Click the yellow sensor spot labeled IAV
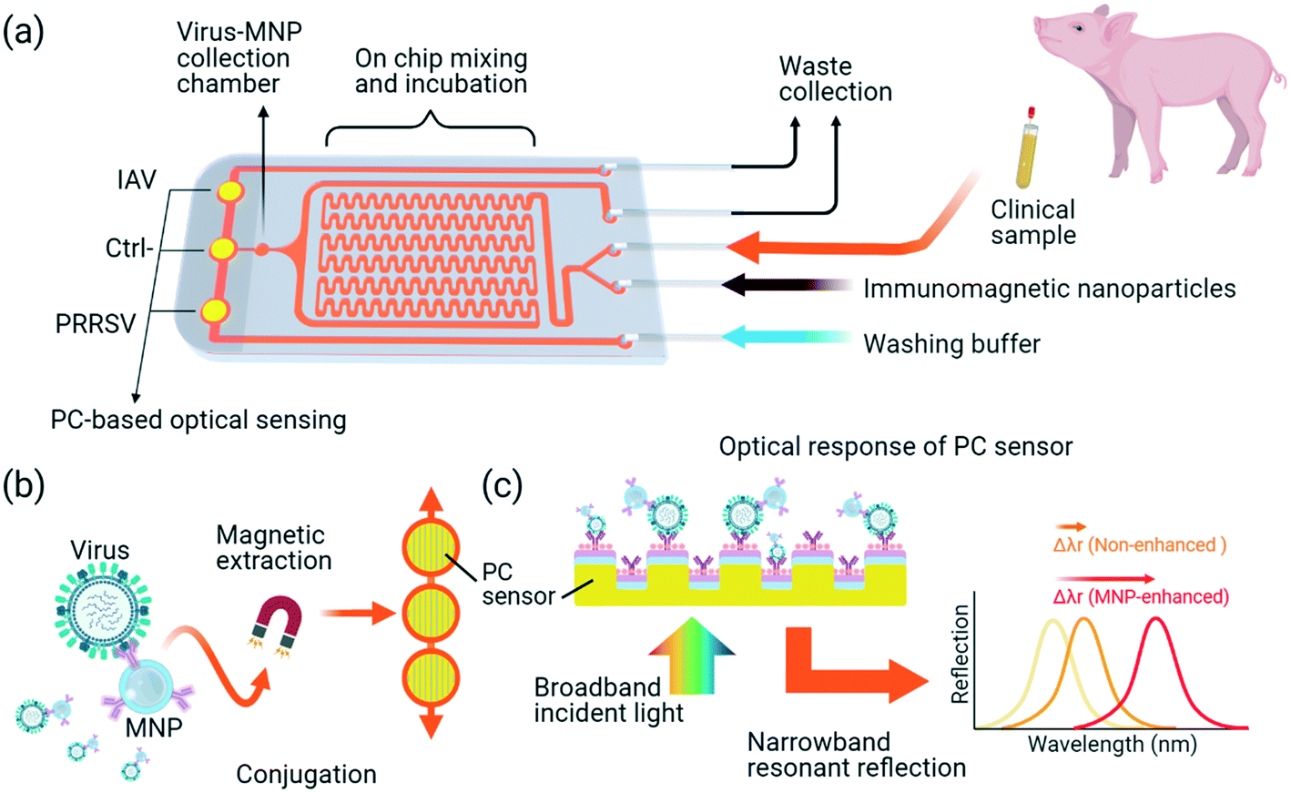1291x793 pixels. (228, 191)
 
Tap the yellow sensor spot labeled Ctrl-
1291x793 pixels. (223, 249)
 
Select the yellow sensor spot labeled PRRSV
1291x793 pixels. (215, 310)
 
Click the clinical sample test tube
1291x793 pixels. (1026, 149)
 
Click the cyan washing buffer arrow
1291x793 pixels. (783, 336)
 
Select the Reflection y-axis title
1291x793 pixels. (960, 654)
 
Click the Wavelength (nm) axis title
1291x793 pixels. (1112, 744)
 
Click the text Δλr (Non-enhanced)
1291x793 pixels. (1139, 544)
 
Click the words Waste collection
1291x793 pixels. (834, 79)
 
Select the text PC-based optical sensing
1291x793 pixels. (198, 420)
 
